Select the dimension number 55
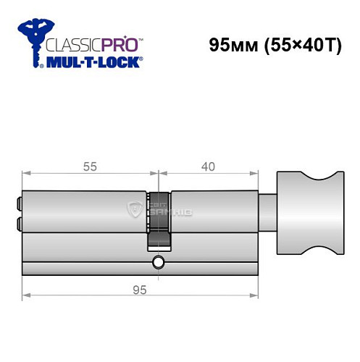pos(91,166)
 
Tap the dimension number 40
pos(208,166)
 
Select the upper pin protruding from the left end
pos(19,204)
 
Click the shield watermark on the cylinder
pos(135,211)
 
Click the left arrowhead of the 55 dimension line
pos(26,173)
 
